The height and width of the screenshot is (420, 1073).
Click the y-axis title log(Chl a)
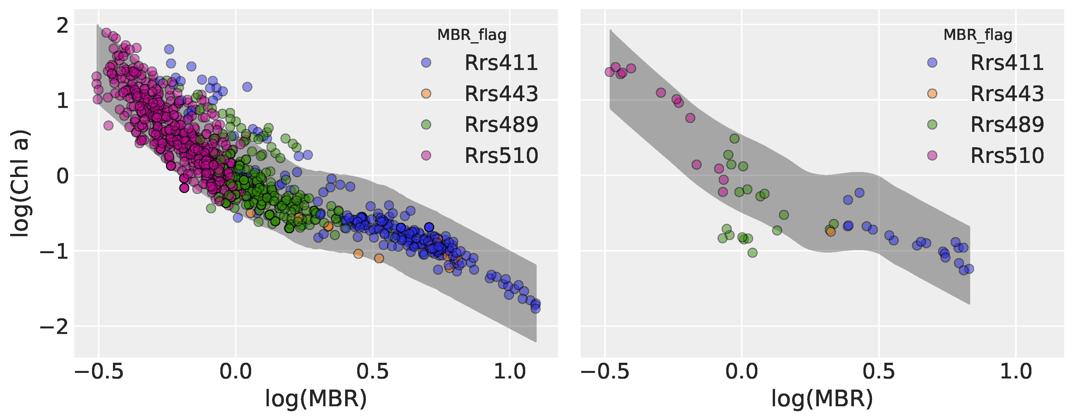tap(20, 184)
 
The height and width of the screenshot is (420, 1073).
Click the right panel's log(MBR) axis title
tap(822, 398)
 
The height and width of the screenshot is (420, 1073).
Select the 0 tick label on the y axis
tap(63, 176)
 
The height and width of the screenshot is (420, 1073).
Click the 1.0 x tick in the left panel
tap(509, 371)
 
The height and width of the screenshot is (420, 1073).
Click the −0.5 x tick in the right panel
tap(605, 371)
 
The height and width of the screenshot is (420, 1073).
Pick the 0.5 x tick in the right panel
tap(879, 371)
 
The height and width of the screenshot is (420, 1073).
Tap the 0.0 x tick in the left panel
tap(236, 371)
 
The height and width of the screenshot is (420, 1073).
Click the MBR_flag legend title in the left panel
tap(472, 35)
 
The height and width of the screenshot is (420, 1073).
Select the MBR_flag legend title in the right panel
tap(978, 35)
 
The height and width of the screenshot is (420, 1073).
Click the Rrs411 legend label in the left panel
tap(501, 63)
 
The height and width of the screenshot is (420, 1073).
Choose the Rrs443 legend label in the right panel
tap(1007, 94)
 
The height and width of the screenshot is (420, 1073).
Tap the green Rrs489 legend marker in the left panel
tap(426, 124)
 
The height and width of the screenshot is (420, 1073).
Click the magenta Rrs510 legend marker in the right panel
tap(932, 155)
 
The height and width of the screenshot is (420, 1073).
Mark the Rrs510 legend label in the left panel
tap(501, 155)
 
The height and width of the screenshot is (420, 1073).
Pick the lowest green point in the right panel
tap(752, 253)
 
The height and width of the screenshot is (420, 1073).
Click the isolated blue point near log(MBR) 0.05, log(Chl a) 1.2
tap(247, 87)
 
